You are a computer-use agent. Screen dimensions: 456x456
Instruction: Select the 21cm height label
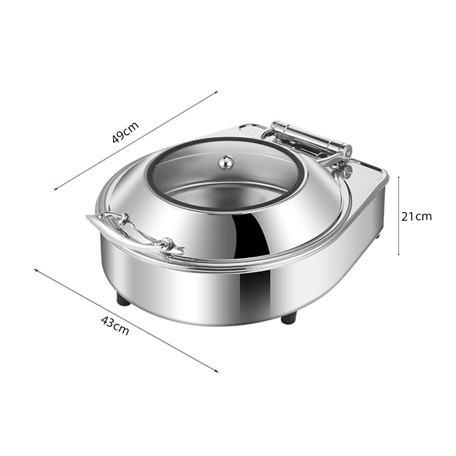pyautogui.click(x=416, y=217)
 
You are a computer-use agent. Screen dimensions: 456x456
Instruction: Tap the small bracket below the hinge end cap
pyautogui.click(x=346, y=171)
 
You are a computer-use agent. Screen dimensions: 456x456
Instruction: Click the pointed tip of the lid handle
pyautogui.click(x=88, y=217)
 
